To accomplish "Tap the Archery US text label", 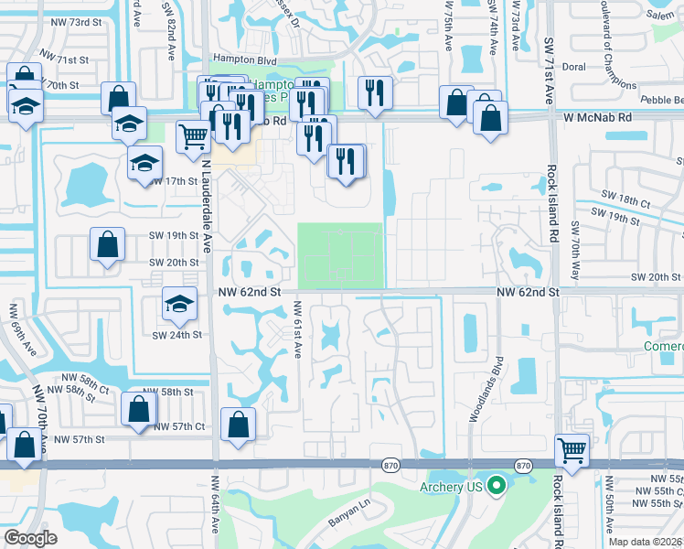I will tap(451, 486).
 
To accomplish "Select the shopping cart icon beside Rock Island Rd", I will tap(572, 449).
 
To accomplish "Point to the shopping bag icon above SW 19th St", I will tap(108, 244).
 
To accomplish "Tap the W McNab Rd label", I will tap(597, 118).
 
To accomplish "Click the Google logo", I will tap(30, 538).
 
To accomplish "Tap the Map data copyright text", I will tap(646, 542).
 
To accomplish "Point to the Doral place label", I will tap(573, 67).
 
